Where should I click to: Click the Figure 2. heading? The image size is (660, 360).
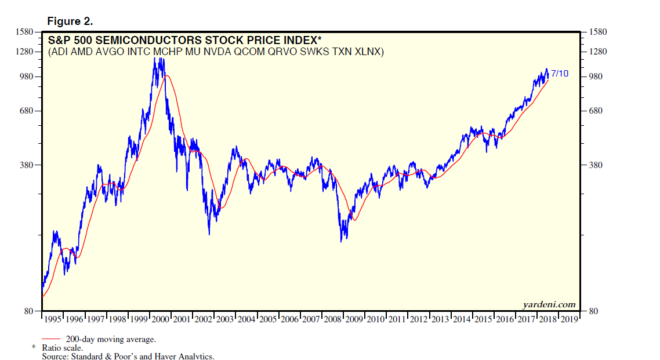pyautogui.click(x=70, y=21)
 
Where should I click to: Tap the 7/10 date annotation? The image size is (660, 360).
pyautogui.click(x=560, y=74)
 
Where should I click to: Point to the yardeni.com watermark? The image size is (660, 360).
pyautogui.click(x=548, y=304)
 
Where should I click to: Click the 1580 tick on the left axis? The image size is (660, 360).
pyautogui.click(x=26, y=32)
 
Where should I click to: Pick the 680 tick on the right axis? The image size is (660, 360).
pyautogui.click(x=598, y=111)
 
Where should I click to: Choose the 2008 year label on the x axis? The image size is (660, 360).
pyautogui.click(x=333, y=319)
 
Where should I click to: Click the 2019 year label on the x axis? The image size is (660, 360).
pyautogui.click(x=569, y=319)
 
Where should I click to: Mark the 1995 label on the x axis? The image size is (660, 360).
pyautogui.click(x=53, y=319)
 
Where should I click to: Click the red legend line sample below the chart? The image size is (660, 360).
pyautogui.click(x=51, y=339)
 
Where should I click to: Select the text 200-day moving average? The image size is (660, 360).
pyautogui.click(x=111, y=339)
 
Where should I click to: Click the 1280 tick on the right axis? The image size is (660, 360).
pyautogui.click(x=600, y=52)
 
